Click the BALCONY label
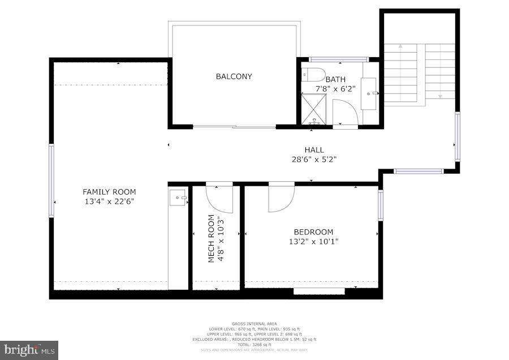click(234, 76)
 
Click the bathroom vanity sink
click(369, 93)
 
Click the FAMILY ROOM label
click(109, 192)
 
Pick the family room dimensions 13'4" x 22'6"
click(109, 201)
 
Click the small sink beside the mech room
click(178, 198)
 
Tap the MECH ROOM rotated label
click(211, 238)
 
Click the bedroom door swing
click(280, 198)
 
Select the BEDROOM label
click(313, 232)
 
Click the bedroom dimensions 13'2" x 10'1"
click(313, 241)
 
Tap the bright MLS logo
click(29, 350)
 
